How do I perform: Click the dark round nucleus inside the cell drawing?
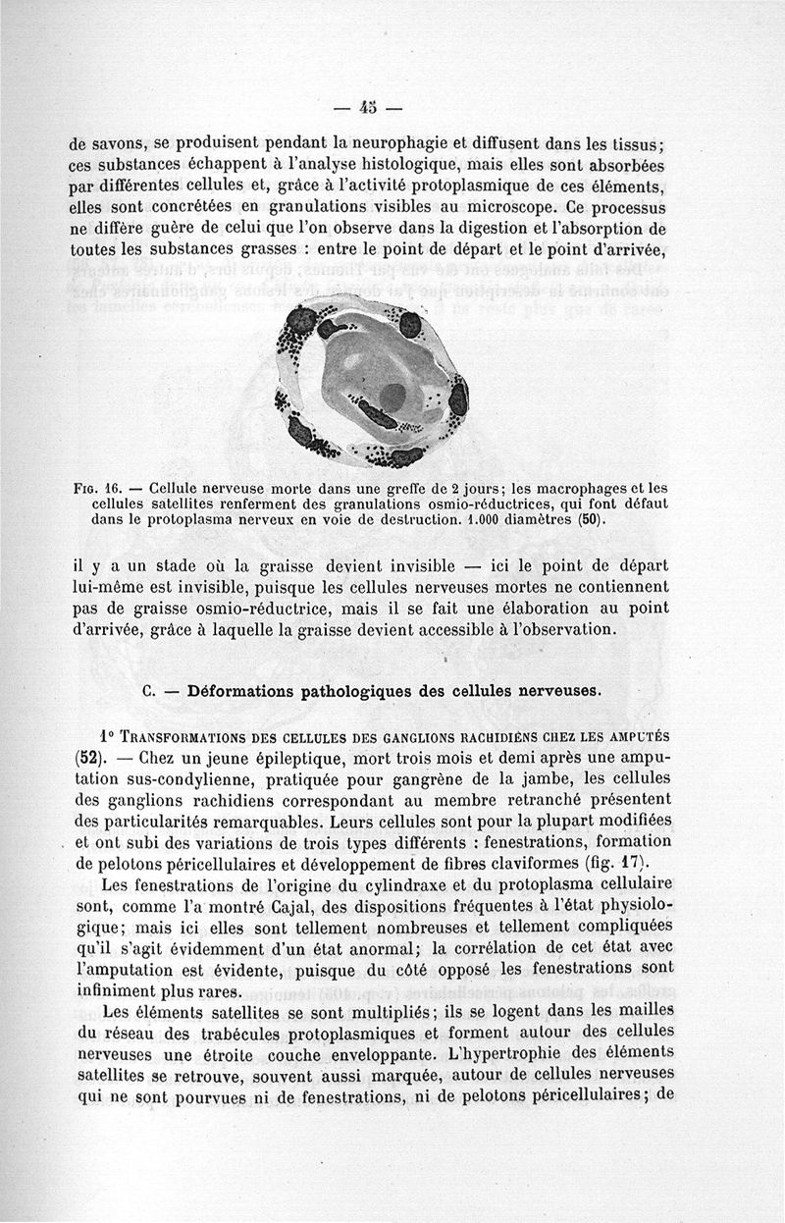393,396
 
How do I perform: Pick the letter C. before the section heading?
149,690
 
